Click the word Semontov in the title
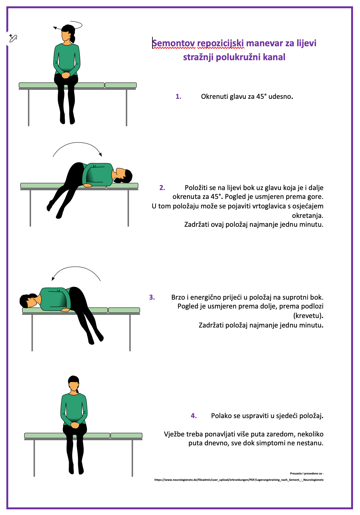coord(174,43)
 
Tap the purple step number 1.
coord(178,97)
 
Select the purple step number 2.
coord(162,188)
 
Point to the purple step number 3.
coord(152,297)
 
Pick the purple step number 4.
coord(194,416)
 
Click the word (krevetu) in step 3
coord(308,316)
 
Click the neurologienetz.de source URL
coord(239,480)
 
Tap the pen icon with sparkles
coord(13,38)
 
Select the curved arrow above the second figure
coord(77,143)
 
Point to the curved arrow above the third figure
coord(76,267)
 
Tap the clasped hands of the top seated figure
coord(66,75)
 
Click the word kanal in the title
coord(274,57)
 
